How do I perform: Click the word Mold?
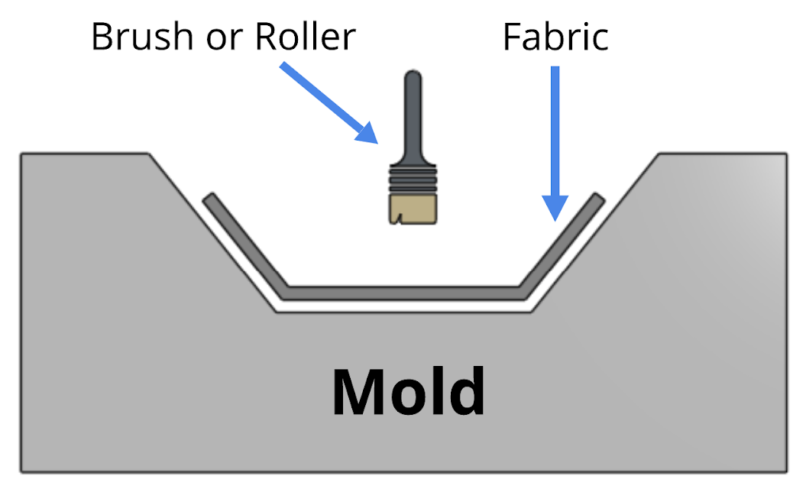coord(408,392)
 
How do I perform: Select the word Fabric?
coord(555,36)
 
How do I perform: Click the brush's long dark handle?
coord(413,122)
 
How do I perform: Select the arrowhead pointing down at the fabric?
coord(555,207)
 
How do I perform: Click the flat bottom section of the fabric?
coord(405,293)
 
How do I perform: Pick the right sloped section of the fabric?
coord(562,243)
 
